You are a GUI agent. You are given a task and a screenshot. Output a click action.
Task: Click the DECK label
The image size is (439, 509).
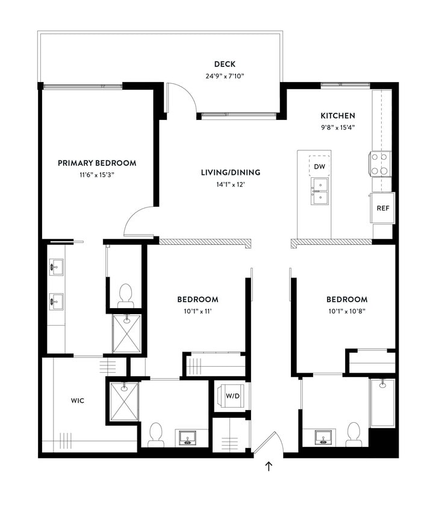pos(224,65)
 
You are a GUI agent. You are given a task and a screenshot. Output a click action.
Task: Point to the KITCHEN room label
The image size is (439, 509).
pos(337,115)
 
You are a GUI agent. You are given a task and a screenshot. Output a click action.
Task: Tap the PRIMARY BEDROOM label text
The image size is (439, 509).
pos(96,163)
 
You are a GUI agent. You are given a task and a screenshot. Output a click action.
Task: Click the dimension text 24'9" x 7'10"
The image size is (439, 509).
pos(224,76)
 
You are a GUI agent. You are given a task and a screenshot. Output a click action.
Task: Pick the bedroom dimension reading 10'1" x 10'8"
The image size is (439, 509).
pos(347,311)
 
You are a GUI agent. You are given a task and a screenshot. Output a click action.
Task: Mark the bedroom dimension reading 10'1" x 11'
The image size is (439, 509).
pos(198,311)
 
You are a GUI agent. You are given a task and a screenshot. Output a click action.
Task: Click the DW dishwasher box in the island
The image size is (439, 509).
pos(320,166)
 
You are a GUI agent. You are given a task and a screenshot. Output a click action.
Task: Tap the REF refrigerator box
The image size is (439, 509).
pos(382,208)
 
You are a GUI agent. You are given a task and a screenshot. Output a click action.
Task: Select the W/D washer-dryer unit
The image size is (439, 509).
pos(232,396)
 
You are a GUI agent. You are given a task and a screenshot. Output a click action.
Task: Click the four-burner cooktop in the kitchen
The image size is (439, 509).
pos(379,163)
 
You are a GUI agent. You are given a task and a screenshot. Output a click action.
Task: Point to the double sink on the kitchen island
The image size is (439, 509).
pos(320,191)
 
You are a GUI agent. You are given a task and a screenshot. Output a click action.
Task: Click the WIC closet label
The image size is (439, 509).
pos(78,399)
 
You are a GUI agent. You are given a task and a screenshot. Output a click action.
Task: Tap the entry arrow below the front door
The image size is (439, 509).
pos(269,466)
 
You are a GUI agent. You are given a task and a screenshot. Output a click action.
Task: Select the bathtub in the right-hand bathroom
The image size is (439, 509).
pos(382,402)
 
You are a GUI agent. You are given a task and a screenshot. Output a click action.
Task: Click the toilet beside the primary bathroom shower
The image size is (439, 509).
pos(125,296)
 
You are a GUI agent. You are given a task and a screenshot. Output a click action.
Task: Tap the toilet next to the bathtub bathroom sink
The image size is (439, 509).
pos(353,434)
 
